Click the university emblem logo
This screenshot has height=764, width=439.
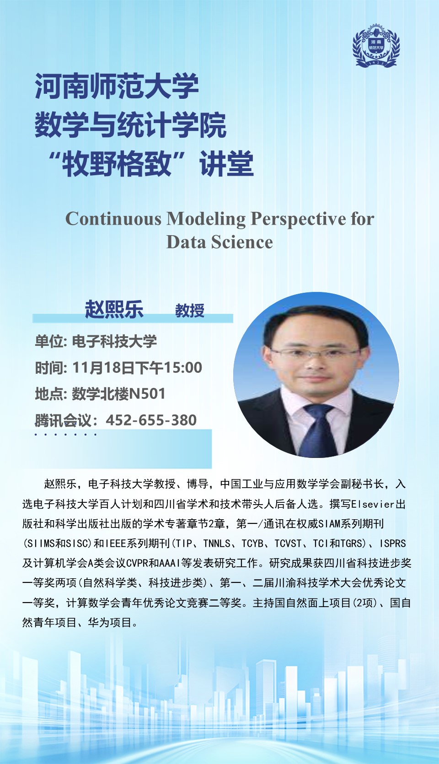click(376, 45)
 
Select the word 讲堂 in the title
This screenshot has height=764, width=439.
click(227, 164)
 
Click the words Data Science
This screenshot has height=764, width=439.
click(219, 242)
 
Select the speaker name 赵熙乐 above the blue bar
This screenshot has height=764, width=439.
click(114, 309)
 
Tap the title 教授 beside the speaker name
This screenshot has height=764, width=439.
click(190, 311)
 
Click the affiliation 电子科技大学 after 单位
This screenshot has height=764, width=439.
click(114, 341)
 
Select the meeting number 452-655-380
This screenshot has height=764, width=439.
click(151, 420)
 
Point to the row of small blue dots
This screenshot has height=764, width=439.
click(65, 435)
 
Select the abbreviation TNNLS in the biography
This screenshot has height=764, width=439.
click(217, 543)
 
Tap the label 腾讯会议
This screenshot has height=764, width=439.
click(64, 420)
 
